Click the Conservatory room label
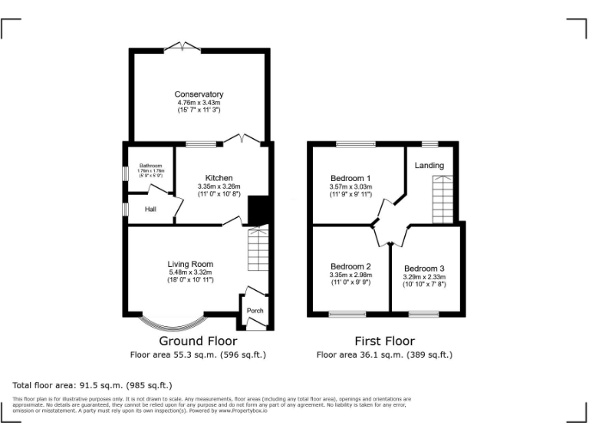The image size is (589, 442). pos(198,94)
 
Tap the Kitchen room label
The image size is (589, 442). pos(219,178)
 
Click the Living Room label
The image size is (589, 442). pos(190,264)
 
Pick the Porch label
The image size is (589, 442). pos(255,310)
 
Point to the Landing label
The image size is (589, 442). pos(429,166)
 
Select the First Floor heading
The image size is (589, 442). pos(384,341)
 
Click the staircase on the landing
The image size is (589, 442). pos(443,199)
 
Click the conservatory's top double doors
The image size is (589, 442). pos(183,48)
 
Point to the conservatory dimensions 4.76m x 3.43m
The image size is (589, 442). pos(198,103)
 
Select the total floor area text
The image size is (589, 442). pos(93,384)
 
